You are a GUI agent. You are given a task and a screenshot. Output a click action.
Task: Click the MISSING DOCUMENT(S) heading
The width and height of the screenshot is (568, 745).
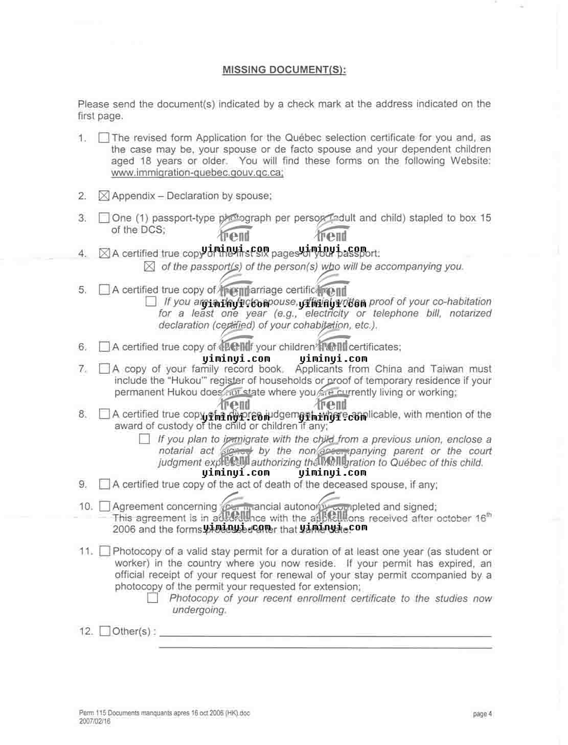pyautogui.click(x=284, y=70)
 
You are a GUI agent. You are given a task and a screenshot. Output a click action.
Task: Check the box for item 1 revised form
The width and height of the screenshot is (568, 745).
pyautogui.click(x=104, y=138)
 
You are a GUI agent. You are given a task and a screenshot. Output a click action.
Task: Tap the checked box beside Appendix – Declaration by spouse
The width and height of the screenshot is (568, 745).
pyautogui.click(x=104, y=196)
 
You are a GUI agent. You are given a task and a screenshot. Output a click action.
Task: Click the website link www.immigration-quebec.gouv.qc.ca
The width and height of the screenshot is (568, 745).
pyautogui.click(x=197, y=173)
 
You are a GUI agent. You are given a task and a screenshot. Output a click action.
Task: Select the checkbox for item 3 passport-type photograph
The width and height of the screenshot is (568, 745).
pyautogui.click(x=104, y=218)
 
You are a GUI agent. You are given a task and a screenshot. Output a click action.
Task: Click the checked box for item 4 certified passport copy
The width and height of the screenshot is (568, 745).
pyautogui.click(x=104, y=253)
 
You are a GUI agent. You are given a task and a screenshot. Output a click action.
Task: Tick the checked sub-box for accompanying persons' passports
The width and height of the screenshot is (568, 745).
pyautogui.click(x=149, y=267)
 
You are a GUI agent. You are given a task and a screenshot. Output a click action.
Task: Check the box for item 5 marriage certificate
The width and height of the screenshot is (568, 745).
pyautogui.click(x=104, y=290)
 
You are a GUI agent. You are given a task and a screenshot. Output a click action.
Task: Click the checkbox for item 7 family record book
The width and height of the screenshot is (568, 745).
pyautogui.click(x=104, y=369)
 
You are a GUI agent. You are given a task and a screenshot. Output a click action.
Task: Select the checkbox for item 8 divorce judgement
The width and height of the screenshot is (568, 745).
pyautogui.click(x=104, y=414)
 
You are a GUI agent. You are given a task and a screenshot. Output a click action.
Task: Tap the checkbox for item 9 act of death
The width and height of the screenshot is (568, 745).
pyautogui.click(x=104, y=485)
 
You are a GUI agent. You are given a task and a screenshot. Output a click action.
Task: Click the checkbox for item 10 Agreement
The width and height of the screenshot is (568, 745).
pyautogui.click(x=105, y=507)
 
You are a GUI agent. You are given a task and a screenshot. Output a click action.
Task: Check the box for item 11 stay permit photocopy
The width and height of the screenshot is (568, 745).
pyautogui.click(x=105, y=551)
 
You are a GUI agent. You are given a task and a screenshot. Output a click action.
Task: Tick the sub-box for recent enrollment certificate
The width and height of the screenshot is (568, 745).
pyautogui.click(x=152, y=598)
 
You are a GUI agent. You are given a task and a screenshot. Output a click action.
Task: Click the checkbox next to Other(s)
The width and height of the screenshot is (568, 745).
pyautogui.click(x=105, y=631)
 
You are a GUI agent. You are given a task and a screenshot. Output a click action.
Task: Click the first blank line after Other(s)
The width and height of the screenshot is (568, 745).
pyautogui.click(x=325, y=635)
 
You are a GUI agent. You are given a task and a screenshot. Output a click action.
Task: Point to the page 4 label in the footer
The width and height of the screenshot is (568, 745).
pyautogui.click(x=482, y=714)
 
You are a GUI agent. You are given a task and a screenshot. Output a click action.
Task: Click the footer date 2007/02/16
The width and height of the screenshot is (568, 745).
pyautogui.click(x=95, y=722)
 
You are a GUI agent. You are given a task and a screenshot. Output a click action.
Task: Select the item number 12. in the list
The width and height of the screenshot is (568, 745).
pyautogui.click(x=86, y=632)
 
